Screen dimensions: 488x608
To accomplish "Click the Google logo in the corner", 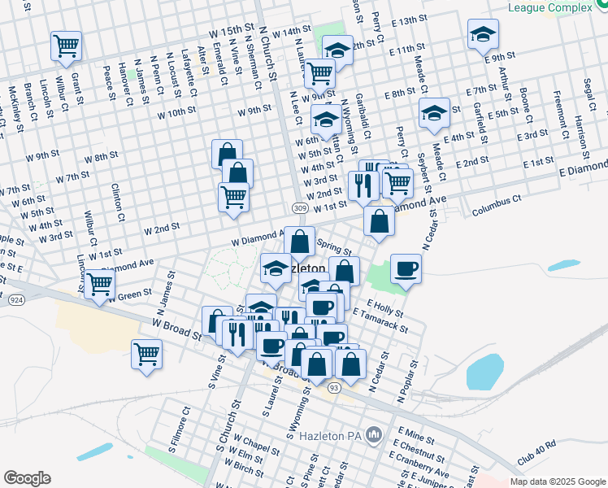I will (28, 477).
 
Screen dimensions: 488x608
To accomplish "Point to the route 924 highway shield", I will (15, 300).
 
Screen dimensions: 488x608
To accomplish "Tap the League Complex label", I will (549, 8).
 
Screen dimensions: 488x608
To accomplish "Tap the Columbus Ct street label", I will (497, 203).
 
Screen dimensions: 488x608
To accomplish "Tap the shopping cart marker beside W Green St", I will (99, 284).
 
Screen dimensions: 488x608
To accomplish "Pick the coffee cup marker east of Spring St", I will (405, 268).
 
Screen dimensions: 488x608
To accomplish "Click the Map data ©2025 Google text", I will (557, 481).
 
